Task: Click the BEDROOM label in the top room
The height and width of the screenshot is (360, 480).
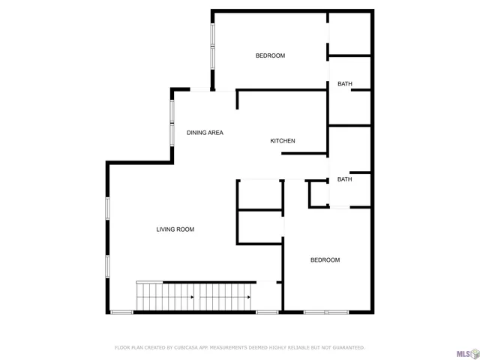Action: pyautogui.click(x=270, y=55)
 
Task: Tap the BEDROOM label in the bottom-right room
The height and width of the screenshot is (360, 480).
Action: pyautogui.click(x=325, y=260)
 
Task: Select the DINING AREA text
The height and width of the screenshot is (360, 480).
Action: pyautogui.click(x=205, y=133)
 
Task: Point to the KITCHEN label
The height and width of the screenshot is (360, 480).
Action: pyautogui.click(x=283, y=141)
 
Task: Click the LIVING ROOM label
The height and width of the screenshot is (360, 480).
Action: pyautogui.click(x=175, y=229)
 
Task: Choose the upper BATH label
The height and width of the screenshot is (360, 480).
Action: pyautogui.click(x=345, y=84)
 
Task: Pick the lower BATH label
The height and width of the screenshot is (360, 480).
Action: pyautogui.click(x=345, y=179)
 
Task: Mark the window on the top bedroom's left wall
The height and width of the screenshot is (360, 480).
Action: pyautogui.click(x=213, y=46)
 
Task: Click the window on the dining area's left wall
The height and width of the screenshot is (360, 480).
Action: pyautogui.click(x=172, y=121)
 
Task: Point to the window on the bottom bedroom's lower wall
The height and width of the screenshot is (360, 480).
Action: pyautogui.click(x=326, y=312)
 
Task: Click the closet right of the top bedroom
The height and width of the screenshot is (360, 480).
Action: pyautogui.click(x=349, y=33)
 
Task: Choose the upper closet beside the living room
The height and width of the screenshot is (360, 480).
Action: pyautogui.click(x=259, y=195)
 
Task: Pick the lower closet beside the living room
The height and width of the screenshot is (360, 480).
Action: pyautogui.click(x=259, y=226)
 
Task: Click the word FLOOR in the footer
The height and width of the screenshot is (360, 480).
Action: pyautogui.click(x=122, y=348)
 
